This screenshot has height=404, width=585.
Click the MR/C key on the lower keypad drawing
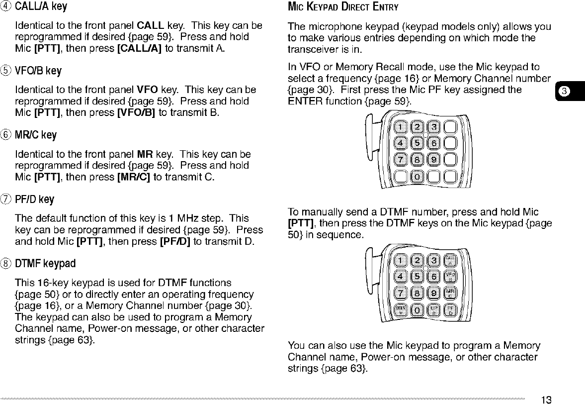(x=451, y=292)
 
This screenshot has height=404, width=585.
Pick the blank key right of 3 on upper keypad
(x=451, y=126)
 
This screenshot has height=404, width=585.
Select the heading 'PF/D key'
(x=35, y=200)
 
